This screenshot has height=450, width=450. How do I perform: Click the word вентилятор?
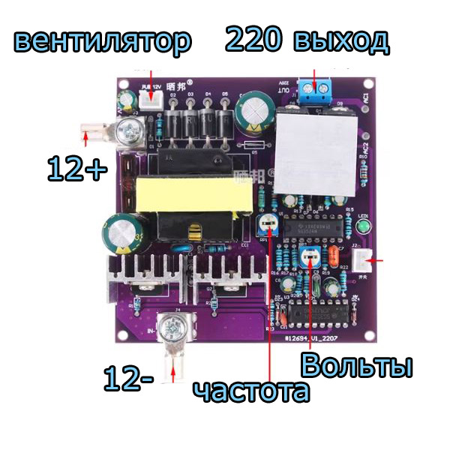click(102, 42)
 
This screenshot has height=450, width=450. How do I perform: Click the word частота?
click(250, 391)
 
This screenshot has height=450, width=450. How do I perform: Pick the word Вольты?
click(357, 367)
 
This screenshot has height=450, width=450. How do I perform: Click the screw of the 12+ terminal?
click(133, 132)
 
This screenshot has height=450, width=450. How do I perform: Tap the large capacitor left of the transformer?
click(121, 233)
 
